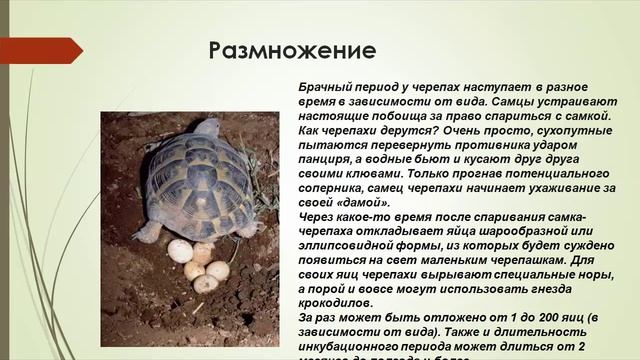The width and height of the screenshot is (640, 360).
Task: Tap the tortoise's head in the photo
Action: pyautogui.click(x=207, y=127)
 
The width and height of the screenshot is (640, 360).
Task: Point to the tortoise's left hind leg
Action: pyautogui.click(x=151, y=232)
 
